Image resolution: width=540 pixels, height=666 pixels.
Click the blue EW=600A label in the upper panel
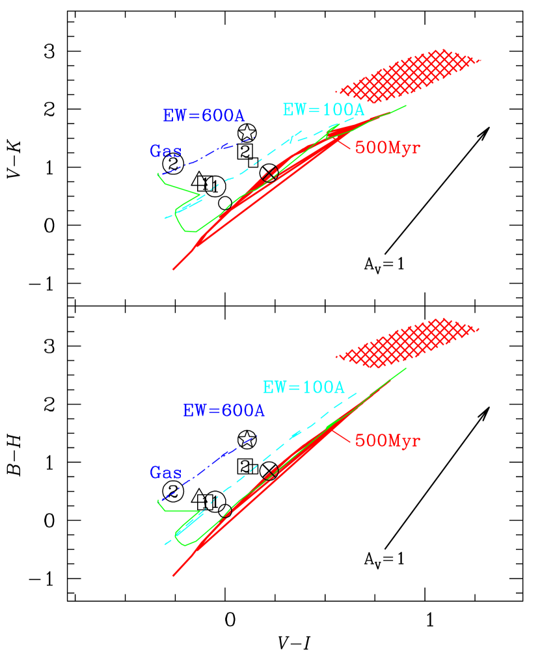pyautogui.click(x=204, y=116)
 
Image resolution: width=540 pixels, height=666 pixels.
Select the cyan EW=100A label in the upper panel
pyautogui.click(x=323, y=110)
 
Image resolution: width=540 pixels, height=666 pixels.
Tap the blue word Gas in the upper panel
pyautogui.click(x=165, y=152)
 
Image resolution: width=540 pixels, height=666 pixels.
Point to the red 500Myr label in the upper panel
pyautogui.click(x=387, y=148)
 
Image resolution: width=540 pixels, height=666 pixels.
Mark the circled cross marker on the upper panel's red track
pyautogui.click(x=270, y=174)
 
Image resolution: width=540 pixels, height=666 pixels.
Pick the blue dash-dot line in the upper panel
pyautogui.click(x=208, y=155)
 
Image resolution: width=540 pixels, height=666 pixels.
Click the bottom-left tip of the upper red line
pyautogui.click(x=173, y=269)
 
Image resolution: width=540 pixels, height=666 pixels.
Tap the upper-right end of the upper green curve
pyautogui.click(x=405, y=105)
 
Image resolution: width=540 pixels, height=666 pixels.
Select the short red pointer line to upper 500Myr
pyautogui.click(x=343, y=141)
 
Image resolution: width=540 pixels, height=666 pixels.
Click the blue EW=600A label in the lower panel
pyautogui.click(x=224, y=411)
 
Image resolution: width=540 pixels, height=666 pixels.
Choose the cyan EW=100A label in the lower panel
pyautogui.click(x=303, y=388)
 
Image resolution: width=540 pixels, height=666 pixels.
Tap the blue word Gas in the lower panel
pyautogui.click(x=165, y=473)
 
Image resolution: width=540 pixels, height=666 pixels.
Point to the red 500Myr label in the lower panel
pyautogui.click(x=387, y=441)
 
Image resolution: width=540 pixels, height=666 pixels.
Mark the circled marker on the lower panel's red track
pyautogui.click(x=271, y=472)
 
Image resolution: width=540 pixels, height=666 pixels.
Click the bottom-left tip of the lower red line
pyautogui.click(x=173, y=576)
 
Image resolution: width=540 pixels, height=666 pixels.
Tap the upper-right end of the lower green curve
pyautogui.click(x=405, y=369)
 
